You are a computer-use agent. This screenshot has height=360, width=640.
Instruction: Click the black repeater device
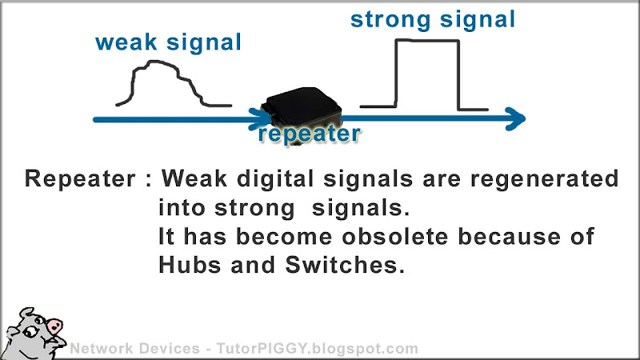point(302,110)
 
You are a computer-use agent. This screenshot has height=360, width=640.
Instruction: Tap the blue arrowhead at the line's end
point(516,121)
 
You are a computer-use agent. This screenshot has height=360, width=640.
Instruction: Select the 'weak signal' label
point(168,42)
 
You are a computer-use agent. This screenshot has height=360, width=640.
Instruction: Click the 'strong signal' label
point(433,17)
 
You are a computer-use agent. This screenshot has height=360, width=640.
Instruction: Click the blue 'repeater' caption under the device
point(309,134)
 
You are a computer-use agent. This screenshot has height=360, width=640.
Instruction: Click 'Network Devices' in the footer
point(132,349)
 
